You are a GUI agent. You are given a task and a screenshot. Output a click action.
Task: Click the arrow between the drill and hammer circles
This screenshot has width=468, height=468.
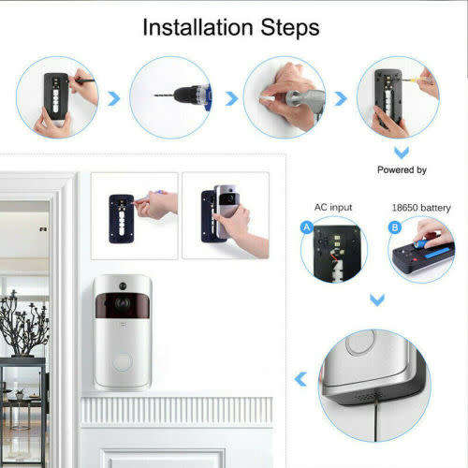click(x=230, y=97)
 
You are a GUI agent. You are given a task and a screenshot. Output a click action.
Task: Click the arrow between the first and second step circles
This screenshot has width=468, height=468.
click(x=114, y=97)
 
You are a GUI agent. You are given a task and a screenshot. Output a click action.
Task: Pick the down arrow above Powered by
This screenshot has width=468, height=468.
click(x=401, y=152)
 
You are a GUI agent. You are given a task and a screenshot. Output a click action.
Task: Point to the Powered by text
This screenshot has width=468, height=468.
click(x=402, y=170)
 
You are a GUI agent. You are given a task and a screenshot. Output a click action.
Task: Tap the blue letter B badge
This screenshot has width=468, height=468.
click(x=395, y=227)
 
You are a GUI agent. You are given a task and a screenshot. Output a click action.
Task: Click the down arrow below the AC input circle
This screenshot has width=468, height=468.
click(x=375, y=300)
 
